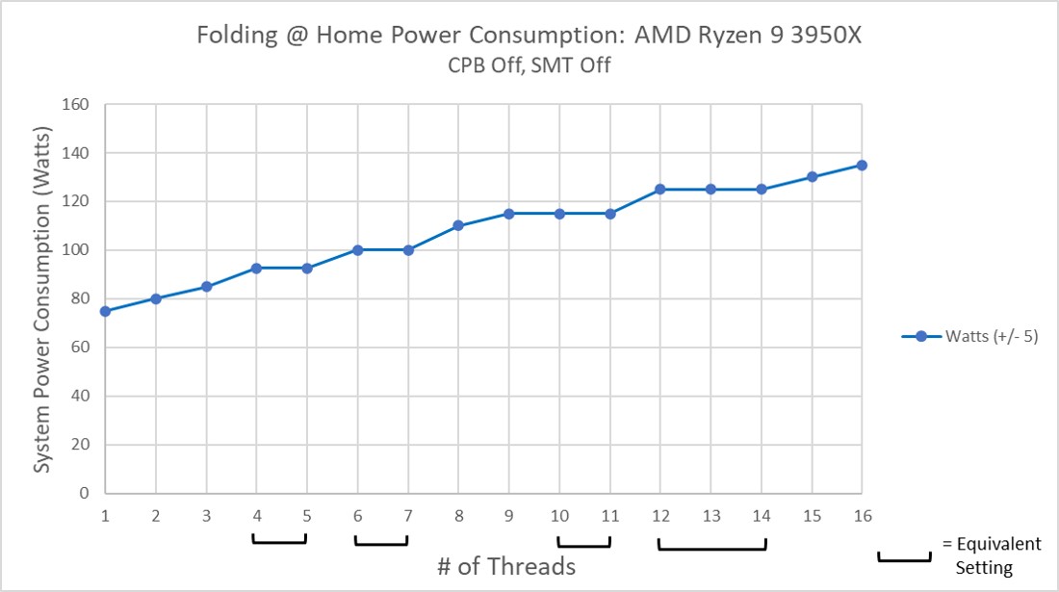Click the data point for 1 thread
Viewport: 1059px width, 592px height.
(105, 311)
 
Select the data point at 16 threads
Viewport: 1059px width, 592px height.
(862, 165)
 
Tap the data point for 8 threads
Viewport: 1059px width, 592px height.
(458, 225)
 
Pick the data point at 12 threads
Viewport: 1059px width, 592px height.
(660, 190)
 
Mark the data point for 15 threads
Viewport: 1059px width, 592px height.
(812, 177)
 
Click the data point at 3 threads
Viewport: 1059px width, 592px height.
(206, 287)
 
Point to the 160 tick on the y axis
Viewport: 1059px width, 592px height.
(77, 105)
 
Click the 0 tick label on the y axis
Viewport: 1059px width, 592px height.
(85, 493)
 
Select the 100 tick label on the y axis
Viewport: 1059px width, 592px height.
(77, 250)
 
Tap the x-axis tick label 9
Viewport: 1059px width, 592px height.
(508, 515)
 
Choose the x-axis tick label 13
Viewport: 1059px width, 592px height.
(710, 515)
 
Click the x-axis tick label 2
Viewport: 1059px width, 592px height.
(155, 515)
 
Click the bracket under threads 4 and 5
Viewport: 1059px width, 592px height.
(280, 541)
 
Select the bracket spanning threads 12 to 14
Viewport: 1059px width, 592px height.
(711, 547)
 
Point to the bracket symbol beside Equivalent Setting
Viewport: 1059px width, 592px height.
(904, 557)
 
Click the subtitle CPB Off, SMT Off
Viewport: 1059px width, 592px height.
(528, 65)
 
